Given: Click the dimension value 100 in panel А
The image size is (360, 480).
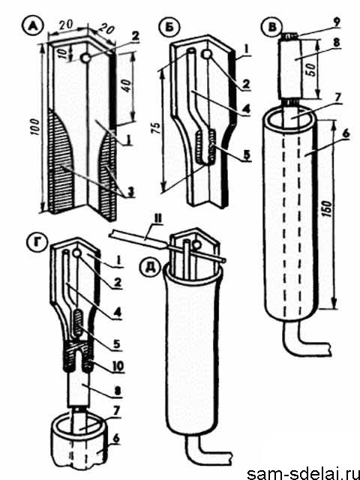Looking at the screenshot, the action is click(x=35, y=127).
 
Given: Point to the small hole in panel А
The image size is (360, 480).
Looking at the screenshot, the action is click(x=85, y=57).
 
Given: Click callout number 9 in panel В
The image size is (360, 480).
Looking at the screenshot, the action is click(x=337, y=22).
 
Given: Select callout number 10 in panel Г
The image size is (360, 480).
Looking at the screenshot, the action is click(x=118, y=366).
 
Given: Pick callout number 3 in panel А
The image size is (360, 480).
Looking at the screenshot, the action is click(x=130, y=193).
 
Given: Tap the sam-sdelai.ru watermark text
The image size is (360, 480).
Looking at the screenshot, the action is click(x=303, y=473).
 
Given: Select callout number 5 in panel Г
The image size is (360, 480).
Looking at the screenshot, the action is click(x=117, y=343).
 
